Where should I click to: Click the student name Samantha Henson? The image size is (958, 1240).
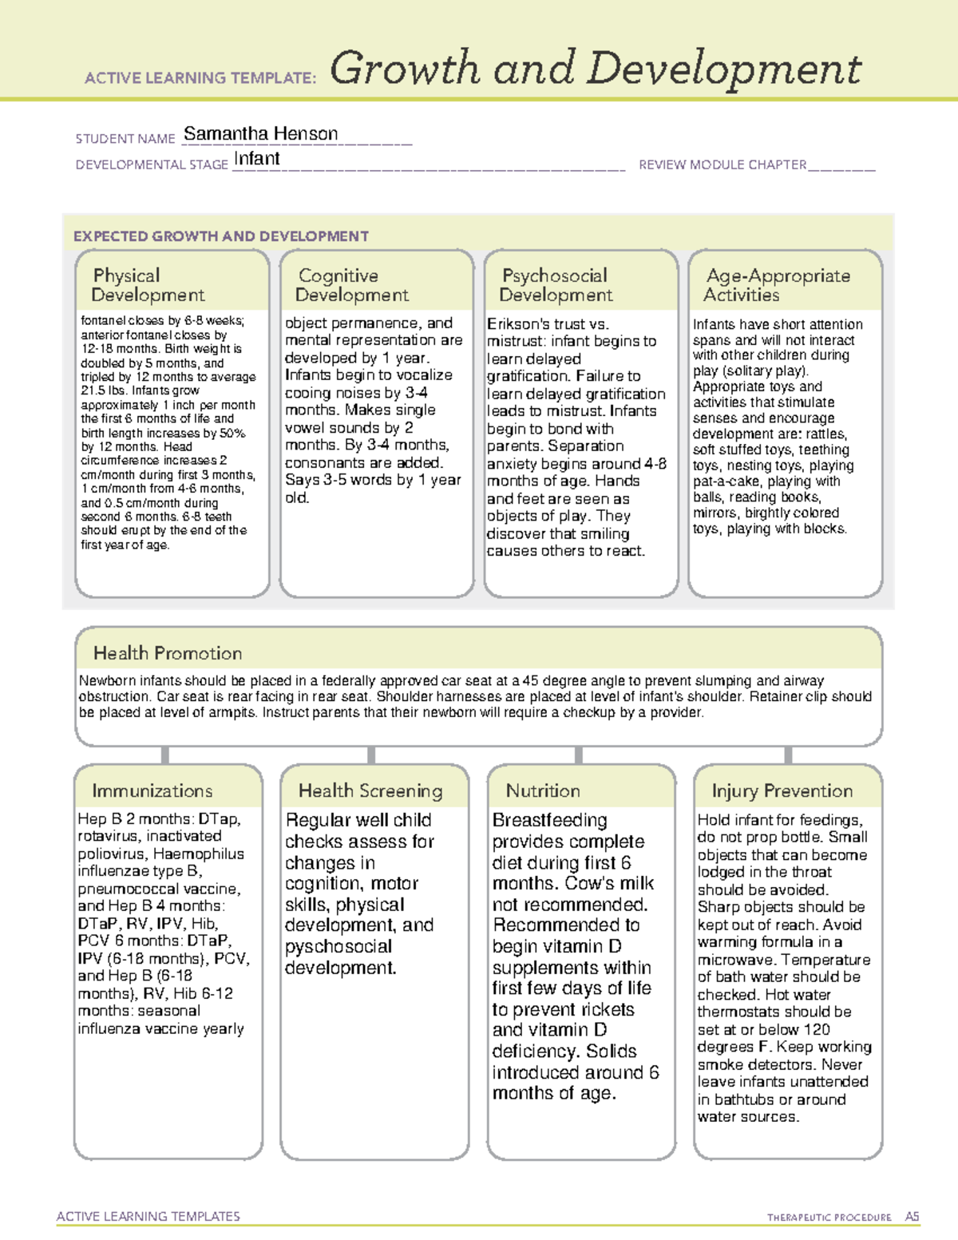coord(260,134)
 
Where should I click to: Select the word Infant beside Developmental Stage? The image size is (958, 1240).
coord(256,159)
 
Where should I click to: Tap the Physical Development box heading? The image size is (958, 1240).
coord(148,285)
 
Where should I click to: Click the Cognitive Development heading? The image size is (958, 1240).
coord(351,285)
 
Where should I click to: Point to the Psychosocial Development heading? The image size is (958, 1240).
coord(556,285)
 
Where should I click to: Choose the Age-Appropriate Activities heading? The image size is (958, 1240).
coord(777,285)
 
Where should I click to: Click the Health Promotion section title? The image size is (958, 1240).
coord(168,653)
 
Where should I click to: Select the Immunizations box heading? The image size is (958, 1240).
coord(152,790)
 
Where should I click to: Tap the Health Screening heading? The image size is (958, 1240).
coord(370,790)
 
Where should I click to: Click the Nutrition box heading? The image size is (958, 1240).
coord(543,790)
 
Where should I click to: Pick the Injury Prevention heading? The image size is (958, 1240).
coord(782,790)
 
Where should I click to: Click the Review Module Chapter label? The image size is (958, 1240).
coord(722,164)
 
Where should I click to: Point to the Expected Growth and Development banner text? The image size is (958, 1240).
coord(221,236)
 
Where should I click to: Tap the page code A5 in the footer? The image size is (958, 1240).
coord(912,1217)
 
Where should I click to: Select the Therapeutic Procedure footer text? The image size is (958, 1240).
coord(829,1218)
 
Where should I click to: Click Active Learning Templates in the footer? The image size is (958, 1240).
coord(148,1216)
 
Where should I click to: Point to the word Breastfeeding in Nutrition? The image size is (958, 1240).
coord(549,820)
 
